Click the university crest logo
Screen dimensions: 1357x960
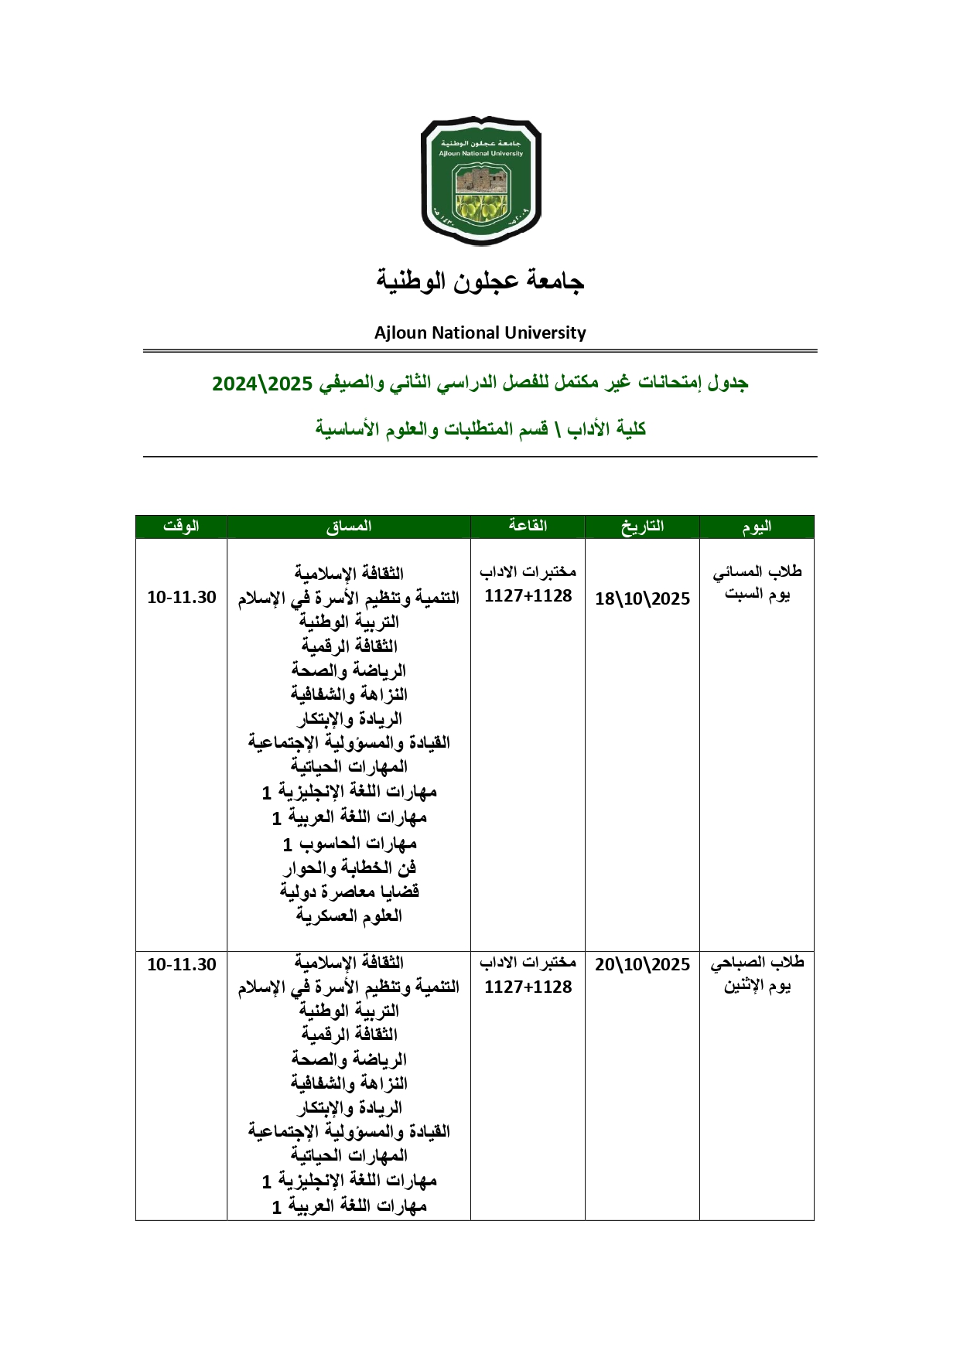tap(480, 182)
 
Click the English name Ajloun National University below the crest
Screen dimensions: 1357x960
tap(480, 332)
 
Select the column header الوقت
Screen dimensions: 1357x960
tap(181, 527)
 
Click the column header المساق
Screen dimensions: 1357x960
tap(348, 527)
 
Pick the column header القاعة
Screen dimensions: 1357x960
tap(528, 527)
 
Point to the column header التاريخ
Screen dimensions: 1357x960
tap(642, 527)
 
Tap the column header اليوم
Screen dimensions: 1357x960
tap(757, 527)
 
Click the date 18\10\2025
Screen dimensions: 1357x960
tap(642, 598)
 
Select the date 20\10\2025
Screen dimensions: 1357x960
tap(642, 964)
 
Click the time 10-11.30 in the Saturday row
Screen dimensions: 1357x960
tap(182, 597)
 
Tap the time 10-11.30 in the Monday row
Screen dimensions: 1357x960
tap(182, 964)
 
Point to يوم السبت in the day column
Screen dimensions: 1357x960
tap(757, 594)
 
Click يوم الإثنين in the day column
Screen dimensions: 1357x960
tap(757, 986)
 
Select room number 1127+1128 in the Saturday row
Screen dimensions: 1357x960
tap(528, 595)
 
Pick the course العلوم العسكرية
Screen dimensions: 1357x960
tap(349, 915)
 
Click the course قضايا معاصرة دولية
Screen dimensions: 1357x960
tap(349, 891)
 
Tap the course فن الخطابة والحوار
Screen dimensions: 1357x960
tap(349, 867)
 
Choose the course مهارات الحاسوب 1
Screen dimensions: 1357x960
tap(349, 843)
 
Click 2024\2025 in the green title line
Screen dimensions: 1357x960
tap(262, 384)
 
